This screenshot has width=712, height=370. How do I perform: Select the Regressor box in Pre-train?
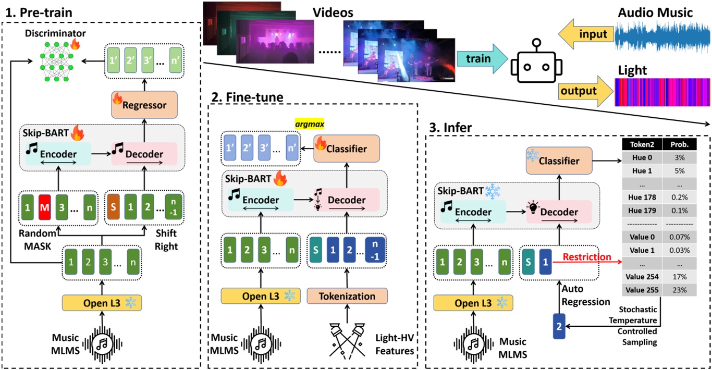click(x=145, y=105)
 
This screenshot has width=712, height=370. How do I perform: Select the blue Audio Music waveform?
click(x=662, y=36)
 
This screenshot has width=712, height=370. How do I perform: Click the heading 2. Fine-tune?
click(x=248, y=97)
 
